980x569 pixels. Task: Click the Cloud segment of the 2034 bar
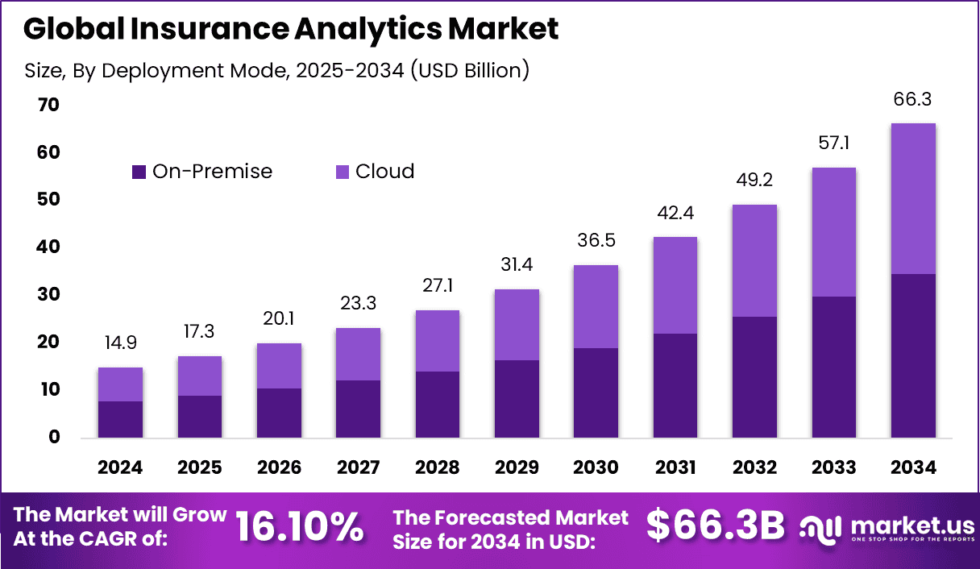(912, 198)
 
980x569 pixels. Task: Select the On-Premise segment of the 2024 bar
(120, 419)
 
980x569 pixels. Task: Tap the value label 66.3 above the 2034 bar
(912, 100)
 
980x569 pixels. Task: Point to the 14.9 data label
(120, 343)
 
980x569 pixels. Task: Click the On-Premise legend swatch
(139, 172)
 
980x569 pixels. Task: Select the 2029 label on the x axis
(517, 467)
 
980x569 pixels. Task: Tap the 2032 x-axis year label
(754, 467)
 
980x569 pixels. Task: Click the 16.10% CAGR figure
(299, 527)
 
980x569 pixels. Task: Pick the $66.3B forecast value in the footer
(715, 527)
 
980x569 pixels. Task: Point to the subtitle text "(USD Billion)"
(469, 70)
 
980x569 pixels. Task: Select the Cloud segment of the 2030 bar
(596, 306)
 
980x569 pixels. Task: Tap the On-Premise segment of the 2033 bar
(833, 367)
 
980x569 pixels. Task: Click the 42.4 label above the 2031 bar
(675, 214)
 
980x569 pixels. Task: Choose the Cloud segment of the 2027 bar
(358, 354)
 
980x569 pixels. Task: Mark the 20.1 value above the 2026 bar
(279, 320)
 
